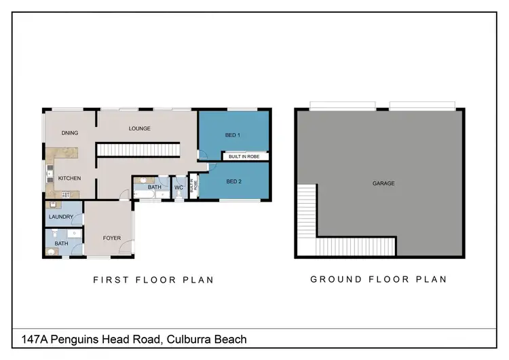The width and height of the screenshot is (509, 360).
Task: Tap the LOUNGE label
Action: pyautogui.click(x=139, y=128)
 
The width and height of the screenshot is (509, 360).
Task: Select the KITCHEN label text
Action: pyautogui.click(x=69, y=179)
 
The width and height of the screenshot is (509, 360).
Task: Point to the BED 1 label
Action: pyautogui.click(x=233, y=135)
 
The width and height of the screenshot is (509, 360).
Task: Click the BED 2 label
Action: pyautogui.click(x=233, y=181)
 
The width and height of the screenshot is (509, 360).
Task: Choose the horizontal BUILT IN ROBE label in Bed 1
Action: pyautogui.click(x=244, y=156)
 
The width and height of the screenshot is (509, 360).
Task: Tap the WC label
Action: pyautogui.click(x=178, y=187)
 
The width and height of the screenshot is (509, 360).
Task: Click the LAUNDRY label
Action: pyautogui.click(x=61, y=217)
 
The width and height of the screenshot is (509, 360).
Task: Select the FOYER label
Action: pyautogui.click(x=111, y=238)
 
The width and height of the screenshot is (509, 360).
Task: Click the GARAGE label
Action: pyautogui.click(x=383, y=183)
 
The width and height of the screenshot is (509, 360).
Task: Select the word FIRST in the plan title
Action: pyautogui.click(x=109, y=279)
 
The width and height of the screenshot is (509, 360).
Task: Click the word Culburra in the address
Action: pyautogui.click(x=184, y=339)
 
